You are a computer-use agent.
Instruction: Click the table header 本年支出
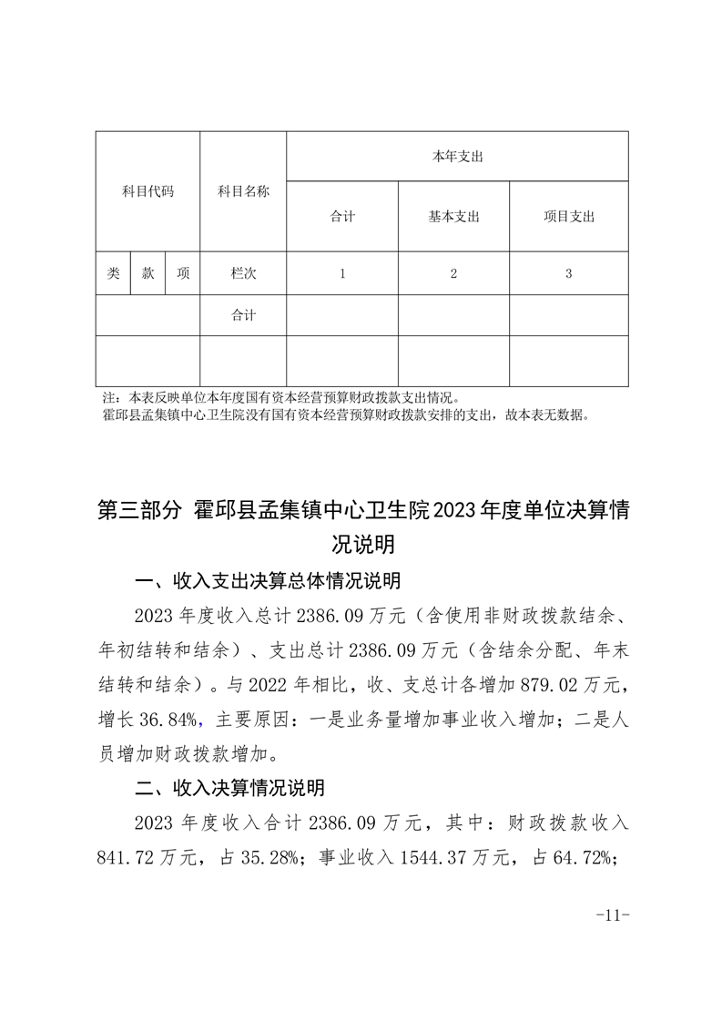coord(457,157)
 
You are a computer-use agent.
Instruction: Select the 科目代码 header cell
coord(147,192)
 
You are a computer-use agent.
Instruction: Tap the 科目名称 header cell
coord(243,192)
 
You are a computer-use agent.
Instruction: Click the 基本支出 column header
coord(453,217)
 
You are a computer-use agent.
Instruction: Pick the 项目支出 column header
coord(568,217)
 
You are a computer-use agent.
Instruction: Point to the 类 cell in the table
coord(113,273)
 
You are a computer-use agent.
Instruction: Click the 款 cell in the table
coord(147,273)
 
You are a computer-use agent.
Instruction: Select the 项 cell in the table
coord(183,273)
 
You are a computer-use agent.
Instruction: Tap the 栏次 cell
coord(243,273)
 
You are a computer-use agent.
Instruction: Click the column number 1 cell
coord(341,273)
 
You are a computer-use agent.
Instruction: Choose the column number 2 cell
coord(453,273)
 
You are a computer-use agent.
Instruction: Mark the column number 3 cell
coord(568,273)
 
